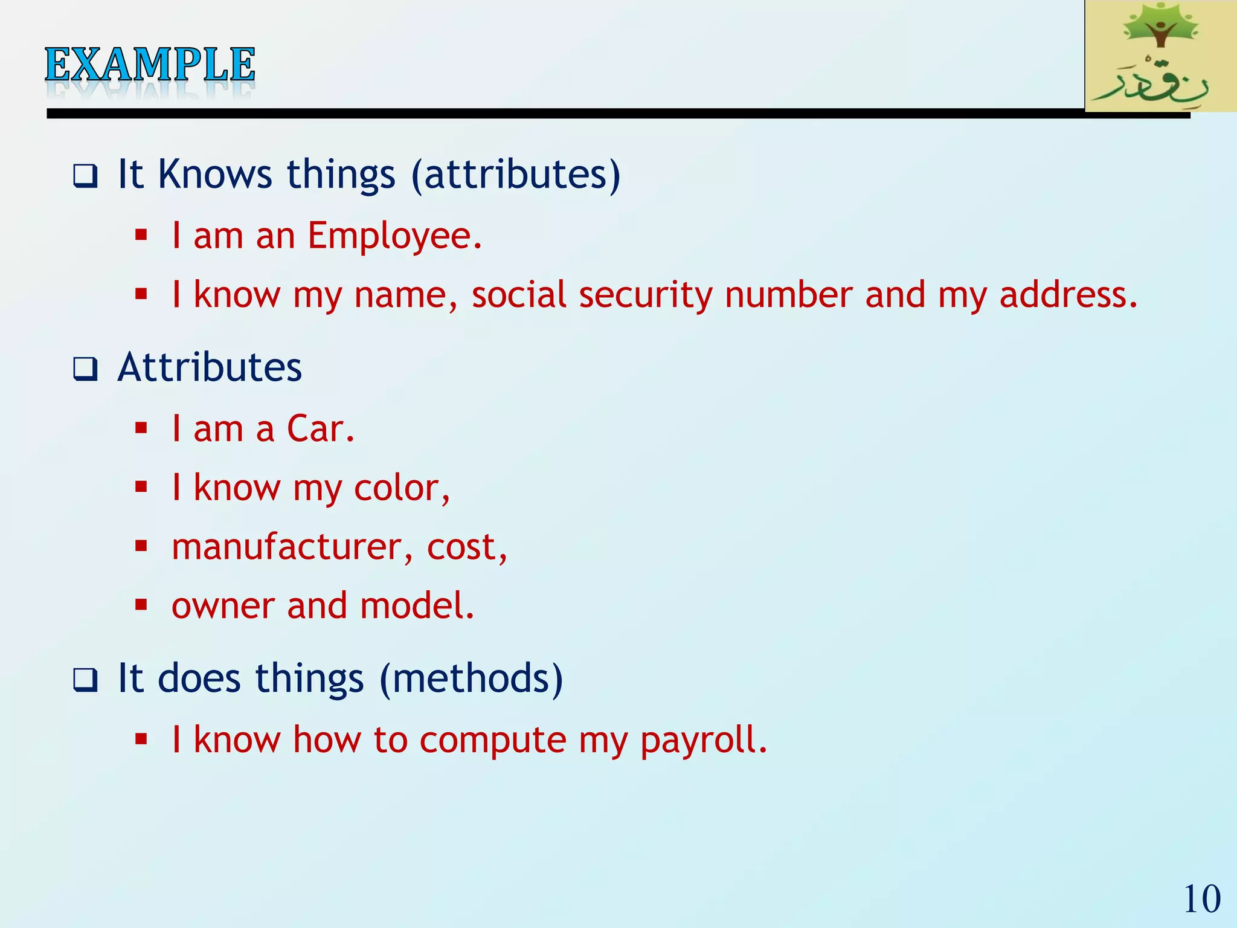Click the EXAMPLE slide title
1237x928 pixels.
pos(150,65)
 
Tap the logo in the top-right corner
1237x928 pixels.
pos(1160,56)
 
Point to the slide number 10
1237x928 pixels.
pos(1201,899)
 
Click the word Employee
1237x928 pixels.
pos(394,236)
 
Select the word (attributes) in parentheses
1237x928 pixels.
pos(515,175)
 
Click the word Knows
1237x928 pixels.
pos(214,175)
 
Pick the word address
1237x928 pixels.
pos(1068,295)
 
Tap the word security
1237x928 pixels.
pos(645,296)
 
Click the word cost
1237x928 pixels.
pos(466,548)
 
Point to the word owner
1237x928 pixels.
pos(222,606)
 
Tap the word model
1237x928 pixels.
pos(417,606)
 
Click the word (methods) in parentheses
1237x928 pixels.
pos(471,678)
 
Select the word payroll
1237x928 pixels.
pos(703,740)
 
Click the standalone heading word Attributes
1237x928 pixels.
pos(210,367)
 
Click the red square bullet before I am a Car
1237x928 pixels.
pos(141,428)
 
